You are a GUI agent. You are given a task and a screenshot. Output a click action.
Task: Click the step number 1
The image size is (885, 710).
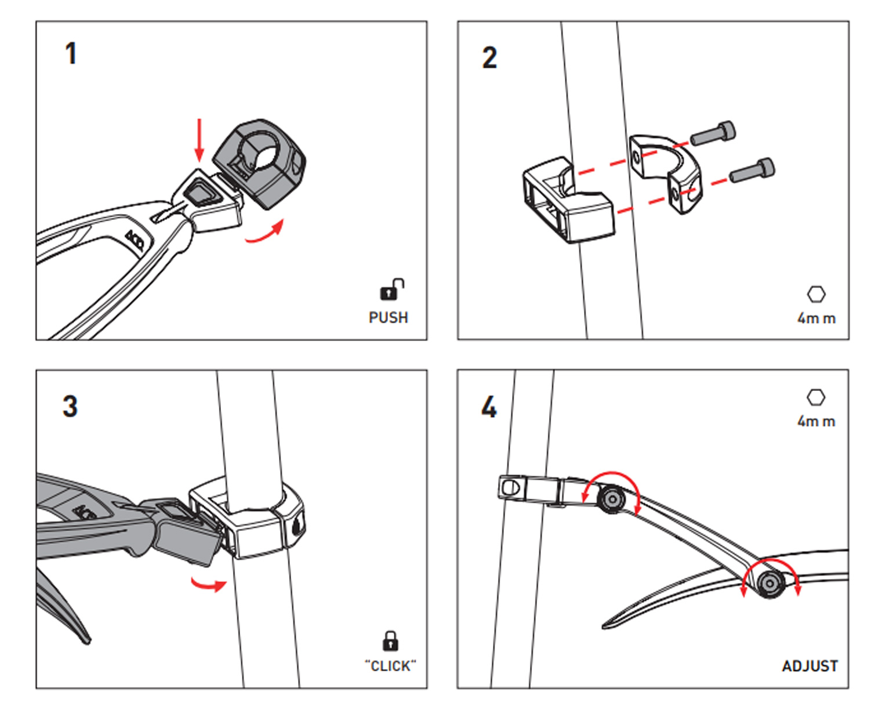[71, 53]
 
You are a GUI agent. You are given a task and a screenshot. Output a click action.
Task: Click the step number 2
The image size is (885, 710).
[489, 57]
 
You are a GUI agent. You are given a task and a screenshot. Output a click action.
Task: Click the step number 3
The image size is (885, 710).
[70, 407]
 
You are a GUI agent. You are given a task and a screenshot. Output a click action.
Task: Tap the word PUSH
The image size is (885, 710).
[388, 317]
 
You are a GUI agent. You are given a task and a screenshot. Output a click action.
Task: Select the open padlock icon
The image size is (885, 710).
[392, 289]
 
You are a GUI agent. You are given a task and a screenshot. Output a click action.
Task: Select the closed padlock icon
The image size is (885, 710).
[390, 641]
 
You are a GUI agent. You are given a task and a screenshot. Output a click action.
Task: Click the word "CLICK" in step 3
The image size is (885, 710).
[390, 666]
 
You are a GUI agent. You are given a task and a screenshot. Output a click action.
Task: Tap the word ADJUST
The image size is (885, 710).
[810, 666]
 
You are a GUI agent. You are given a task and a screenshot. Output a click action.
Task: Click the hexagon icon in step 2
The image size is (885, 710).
[816, 295]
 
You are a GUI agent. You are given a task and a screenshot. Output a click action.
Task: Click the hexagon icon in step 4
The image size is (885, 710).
[816, 397]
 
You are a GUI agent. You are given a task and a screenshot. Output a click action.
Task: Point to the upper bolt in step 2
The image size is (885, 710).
[713, 133]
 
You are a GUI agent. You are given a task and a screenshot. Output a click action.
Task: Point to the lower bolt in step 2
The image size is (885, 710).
[752, 170]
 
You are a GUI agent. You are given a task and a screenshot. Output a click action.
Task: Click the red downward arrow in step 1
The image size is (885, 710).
[200, 141]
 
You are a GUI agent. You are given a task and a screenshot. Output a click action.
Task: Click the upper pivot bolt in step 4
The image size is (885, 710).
[612, 499]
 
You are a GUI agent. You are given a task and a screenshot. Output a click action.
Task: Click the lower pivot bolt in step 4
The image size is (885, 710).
[770, 583]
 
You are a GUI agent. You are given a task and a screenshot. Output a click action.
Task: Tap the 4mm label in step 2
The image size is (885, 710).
[817, 318]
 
